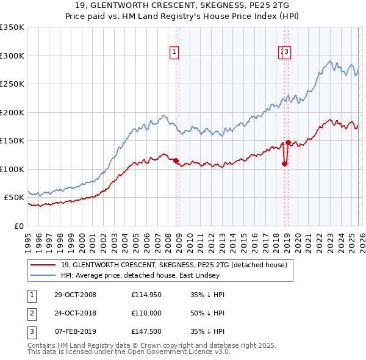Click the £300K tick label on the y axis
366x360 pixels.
pos(12,56)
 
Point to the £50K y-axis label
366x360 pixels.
pos(14,198)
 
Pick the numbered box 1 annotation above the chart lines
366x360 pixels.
pos(174,52)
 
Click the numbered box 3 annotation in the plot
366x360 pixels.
pos(287,52)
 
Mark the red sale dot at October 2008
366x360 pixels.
pos(176,161)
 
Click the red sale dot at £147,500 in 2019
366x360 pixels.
pos(287,142)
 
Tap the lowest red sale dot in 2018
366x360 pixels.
pos(284,164)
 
